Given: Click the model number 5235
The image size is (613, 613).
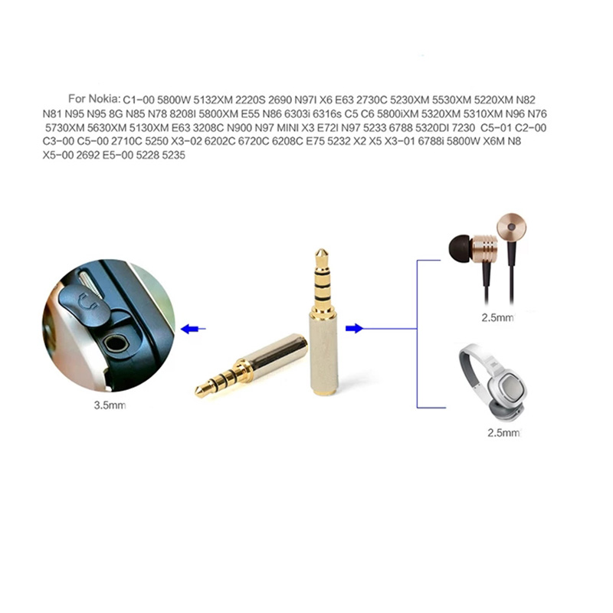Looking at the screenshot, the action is (173, 156).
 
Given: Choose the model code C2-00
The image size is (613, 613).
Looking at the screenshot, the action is (530, 128).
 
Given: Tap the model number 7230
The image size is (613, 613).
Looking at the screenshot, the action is (464, 128).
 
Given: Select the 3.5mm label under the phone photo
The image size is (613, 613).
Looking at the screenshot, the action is (110, 405).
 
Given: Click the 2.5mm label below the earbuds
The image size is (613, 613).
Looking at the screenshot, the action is (497, 317).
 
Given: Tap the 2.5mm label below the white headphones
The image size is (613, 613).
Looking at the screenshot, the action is (503, 433).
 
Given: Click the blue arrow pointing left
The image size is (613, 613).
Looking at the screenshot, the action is (193, 329).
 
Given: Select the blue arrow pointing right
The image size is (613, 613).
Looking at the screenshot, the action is (354, 329).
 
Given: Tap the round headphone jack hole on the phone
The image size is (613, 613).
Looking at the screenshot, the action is (116, 343).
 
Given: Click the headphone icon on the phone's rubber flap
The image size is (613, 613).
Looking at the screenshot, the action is (87, 300).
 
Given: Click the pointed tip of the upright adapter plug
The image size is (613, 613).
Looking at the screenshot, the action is (321, 250).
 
